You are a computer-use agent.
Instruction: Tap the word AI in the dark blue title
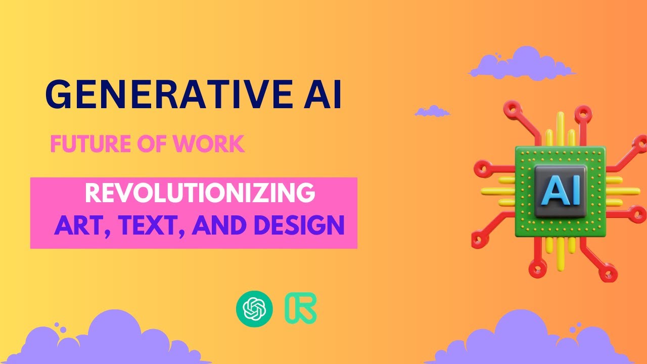point(325,95)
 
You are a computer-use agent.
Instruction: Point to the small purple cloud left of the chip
point(432,111)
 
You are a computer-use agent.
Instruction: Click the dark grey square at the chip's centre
point(561,191)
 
